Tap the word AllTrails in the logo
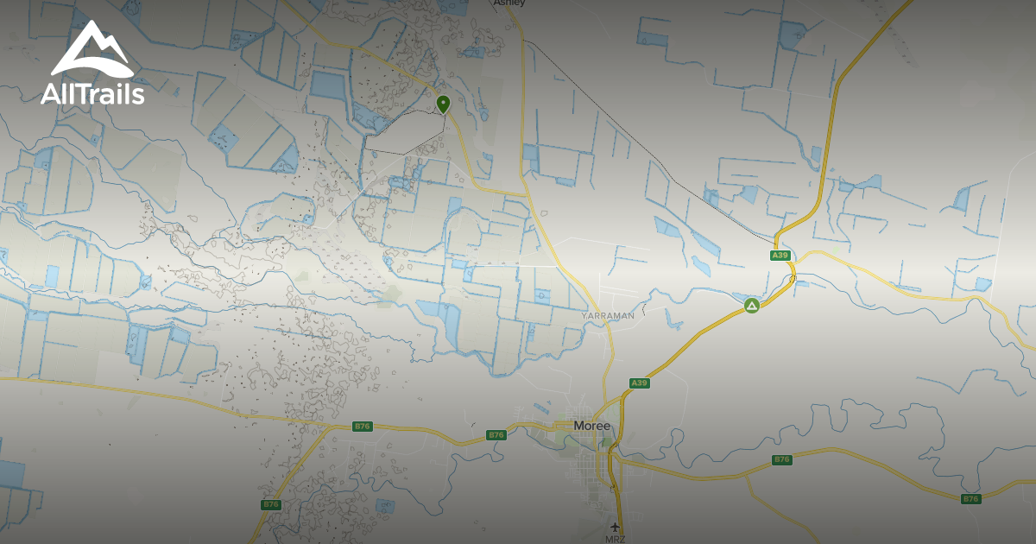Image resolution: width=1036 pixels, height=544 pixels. pyautogui.click(x=92, y=93)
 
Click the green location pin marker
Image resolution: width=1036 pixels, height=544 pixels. pyautogui.click(x=443, y=104)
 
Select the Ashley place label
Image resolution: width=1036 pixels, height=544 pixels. pyautogui.click(x=509, y=3)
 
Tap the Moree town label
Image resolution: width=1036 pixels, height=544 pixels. pyautogui.click(x=591, y=426)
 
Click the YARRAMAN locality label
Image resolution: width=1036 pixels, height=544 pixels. pyautogui.click(x=608, y=316)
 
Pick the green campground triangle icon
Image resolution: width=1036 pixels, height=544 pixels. pyautogui.click(x=752, y=306)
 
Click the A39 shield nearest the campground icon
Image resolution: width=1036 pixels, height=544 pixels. pyautogui.click(x=780, y=256)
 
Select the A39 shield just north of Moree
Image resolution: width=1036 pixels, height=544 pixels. pyautogui.click(x=639, y=383)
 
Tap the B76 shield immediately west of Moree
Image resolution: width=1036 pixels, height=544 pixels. pyautogui.click(x=496, y=434)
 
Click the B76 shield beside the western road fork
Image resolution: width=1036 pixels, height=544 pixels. pyautogui.click(x=363, y=426)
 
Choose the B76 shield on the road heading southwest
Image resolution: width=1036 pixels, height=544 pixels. pyautogui.click(x=271, y=504)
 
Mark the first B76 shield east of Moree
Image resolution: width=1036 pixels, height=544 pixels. pyautogui.click(x=781, y=459)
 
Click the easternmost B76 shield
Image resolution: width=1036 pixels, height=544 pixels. pyautogui.click(x=971, y=498)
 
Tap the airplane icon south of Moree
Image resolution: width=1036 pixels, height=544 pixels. pyautogui.click(x=616, y=527)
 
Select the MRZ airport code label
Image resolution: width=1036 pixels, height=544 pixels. pyautogui.click(x=616, y=539)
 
